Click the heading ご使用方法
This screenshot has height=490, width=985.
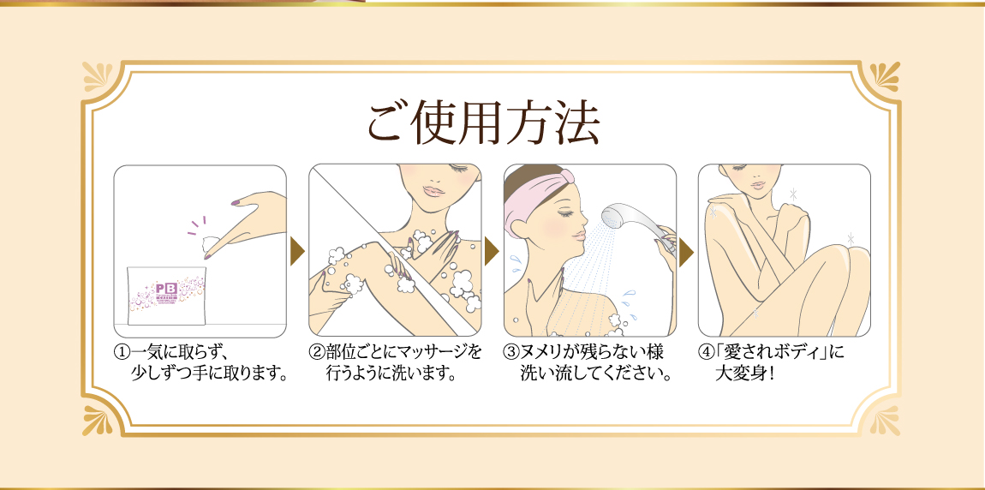483,123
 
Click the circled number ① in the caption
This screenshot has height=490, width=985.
121,352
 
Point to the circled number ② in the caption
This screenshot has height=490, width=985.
316,352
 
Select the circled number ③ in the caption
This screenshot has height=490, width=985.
510,352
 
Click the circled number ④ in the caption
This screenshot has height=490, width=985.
706,352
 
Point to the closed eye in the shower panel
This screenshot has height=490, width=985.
564,213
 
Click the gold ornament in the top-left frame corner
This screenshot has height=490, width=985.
98,78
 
